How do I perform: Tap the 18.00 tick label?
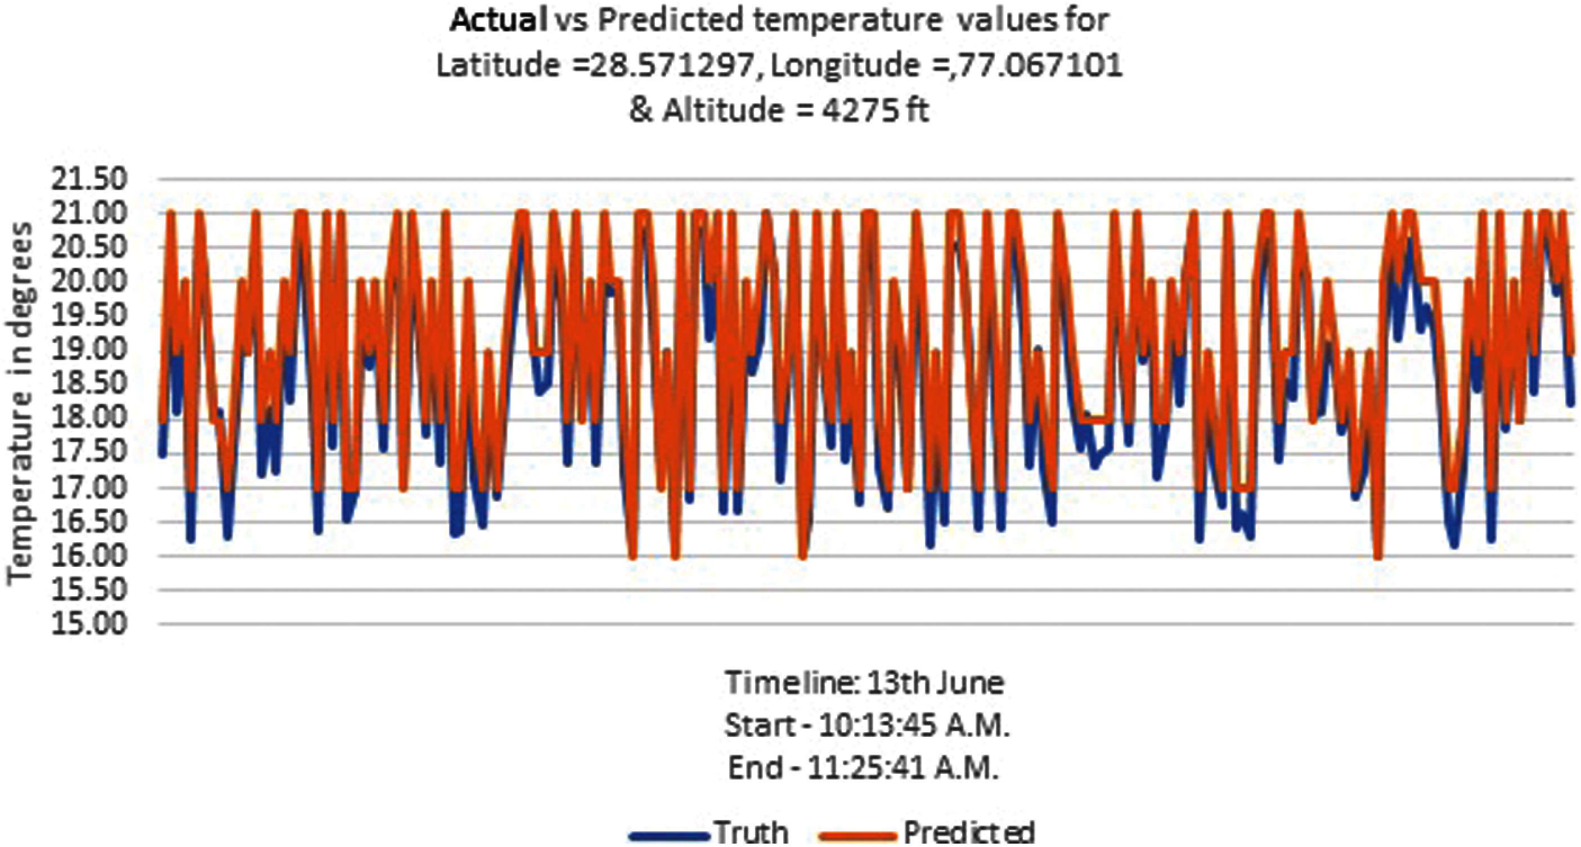[89, 418]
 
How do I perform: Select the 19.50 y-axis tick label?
[89, 316]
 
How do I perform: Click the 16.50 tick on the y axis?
[89, 521]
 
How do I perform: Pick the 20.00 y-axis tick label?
[89, 282]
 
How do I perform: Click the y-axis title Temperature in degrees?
[20, 403]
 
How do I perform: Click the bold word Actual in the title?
[498, 21]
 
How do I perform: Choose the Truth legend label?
[751, 832]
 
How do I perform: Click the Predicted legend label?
[969, 832]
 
